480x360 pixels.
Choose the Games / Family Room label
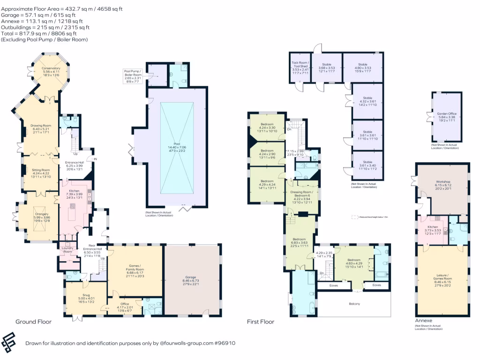(x=135, y=270)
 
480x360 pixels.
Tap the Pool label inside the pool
(x=177, y=144)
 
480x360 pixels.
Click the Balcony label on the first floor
(x=354, y=304)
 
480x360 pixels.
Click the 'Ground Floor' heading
(x=33, y=322)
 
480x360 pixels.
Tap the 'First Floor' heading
(x=261, y=322)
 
